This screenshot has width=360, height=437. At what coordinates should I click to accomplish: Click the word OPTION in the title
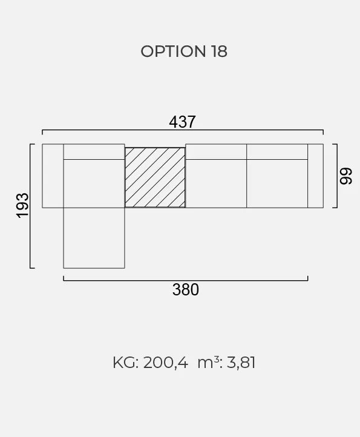[173, 51]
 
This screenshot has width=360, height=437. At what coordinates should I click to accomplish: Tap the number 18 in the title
[219, 51]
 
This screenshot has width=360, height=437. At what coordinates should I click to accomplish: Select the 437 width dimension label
[182, 122]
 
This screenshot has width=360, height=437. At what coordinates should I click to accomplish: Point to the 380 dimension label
[186, 289]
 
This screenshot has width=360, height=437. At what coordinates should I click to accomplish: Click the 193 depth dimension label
[23, 205]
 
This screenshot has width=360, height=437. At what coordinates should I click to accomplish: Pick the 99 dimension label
[346, 176]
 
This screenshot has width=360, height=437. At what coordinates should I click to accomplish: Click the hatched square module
[155, 177]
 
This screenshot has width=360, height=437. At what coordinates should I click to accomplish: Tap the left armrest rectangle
[53, 176]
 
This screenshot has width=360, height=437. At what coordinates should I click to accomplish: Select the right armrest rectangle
[315, 176]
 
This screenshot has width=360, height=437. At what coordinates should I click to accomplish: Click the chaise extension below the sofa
[94, 238]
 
